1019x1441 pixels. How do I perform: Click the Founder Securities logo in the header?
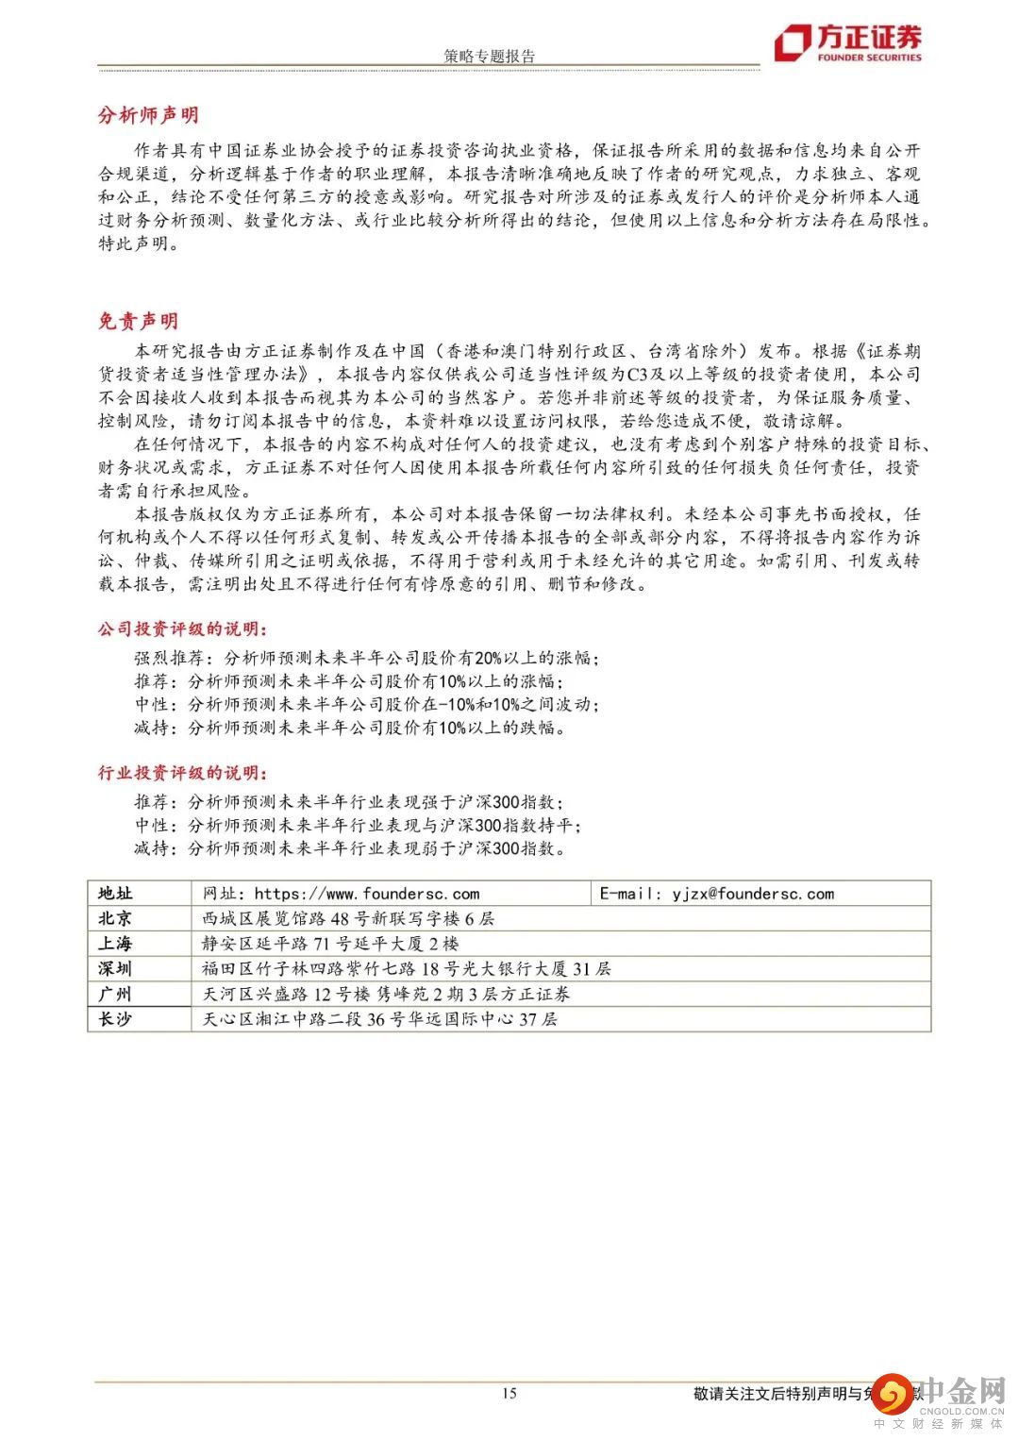tap(846, 42)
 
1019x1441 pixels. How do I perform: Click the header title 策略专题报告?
tap(489, 57)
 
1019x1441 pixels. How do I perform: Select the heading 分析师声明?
tap(149, 115)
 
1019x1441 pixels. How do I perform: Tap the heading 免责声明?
tap(138, 321)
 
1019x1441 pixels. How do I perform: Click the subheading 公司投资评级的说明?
tap(181, 629)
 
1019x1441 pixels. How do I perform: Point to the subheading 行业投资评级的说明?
tap(181, 773)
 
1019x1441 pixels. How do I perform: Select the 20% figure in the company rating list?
tap(489, 658)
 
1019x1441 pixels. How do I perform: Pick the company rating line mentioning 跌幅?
tap(350, 728)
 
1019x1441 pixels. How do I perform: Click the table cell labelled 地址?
tap(116, 894)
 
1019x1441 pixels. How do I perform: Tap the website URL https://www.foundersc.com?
tap(366, 894)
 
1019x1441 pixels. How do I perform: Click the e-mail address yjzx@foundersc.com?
tap(753, 894)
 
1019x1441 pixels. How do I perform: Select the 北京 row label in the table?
tap(116, 918)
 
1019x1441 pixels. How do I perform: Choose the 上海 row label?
tap(116, 944)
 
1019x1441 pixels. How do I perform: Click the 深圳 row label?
tap(116, 968)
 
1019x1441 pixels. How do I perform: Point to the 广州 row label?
tap(116, 994)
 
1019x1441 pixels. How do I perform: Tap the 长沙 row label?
tap(116, 1019)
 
